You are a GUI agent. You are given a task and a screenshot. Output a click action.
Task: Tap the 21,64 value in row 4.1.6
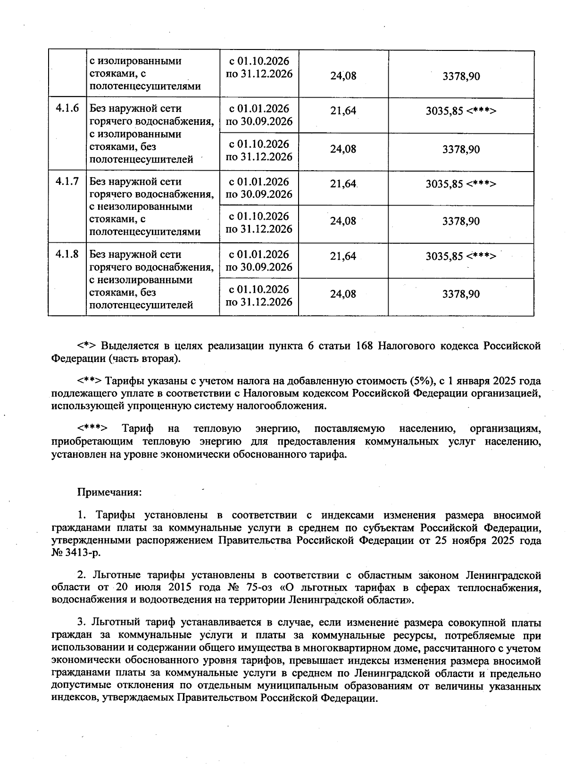[x=343, y=111]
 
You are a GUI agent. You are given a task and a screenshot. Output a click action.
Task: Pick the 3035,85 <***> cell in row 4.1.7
[x=461, y=184]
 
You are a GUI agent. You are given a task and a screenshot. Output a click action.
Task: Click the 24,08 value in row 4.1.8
[x=343, y=294]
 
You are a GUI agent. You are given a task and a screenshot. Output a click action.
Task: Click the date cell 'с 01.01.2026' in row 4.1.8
[x=259, y=255]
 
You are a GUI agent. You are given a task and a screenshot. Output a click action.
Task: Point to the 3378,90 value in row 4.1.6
[x=461, y=149]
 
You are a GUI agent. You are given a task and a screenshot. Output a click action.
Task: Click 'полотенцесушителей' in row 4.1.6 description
[x=141, y=159]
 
